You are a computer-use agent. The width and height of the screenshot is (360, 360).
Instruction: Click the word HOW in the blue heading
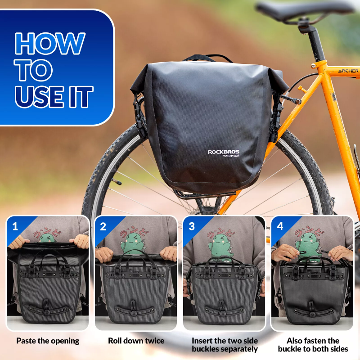(50, 43)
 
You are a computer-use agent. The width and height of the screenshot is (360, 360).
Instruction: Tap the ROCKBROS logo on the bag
(223, 152)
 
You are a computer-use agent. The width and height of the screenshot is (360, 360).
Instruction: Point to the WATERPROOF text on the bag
(231, 156)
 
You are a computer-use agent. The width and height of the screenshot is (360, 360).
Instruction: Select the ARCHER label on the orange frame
(348, 71)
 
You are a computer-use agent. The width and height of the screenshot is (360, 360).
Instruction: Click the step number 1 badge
(15, 227)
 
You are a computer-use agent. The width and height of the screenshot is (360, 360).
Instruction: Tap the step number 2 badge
(103, 227)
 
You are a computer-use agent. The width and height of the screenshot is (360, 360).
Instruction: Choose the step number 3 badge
(192, 227)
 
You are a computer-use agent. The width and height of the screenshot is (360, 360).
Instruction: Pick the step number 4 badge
(280, 226)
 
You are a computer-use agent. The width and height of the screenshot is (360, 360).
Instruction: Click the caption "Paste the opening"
(48, 341)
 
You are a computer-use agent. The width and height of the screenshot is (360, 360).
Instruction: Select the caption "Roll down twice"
(136, 341)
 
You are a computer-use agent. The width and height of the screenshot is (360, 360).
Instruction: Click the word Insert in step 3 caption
(202, 341)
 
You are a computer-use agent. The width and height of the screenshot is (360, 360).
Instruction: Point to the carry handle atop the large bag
(207, 58)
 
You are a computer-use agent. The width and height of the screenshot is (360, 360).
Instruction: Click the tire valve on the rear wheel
(117, 182)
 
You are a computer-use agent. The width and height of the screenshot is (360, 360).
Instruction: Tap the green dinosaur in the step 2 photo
(133, 243)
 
